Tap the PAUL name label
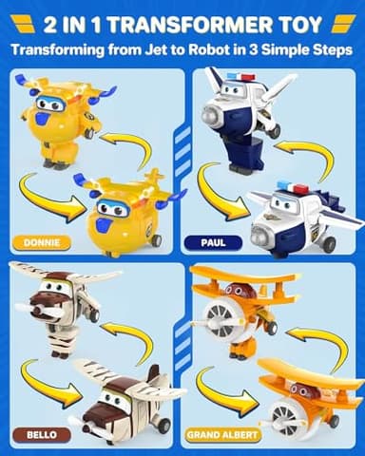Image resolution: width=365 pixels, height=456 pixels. (214, 242)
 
